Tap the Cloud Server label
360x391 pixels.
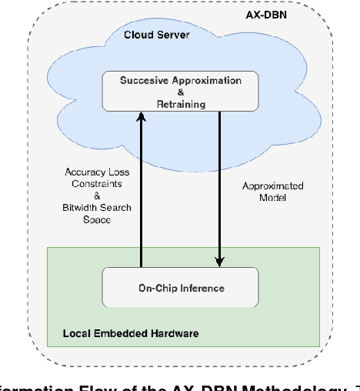tap(158, 35)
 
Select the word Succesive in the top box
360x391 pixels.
tap(146, 80)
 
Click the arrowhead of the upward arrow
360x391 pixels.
tap(142, 116)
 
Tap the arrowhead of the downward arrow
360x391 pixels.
tap(220, 262)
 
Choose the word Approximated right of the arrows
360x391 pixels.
tap(272, 185)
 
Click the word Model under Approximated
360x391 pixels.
tap(272, 198)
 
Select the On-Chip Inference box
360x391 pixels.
tap(181, 288)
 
